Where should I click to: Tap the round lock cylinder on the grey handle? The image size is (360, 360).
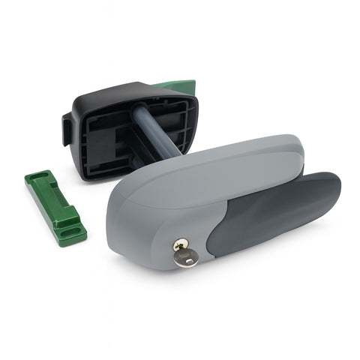(181, 244)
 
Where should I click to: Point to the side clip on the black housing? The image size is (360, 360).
(67, 128)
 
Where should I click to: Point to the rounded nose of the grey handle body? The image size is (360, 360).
(120, 217)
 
